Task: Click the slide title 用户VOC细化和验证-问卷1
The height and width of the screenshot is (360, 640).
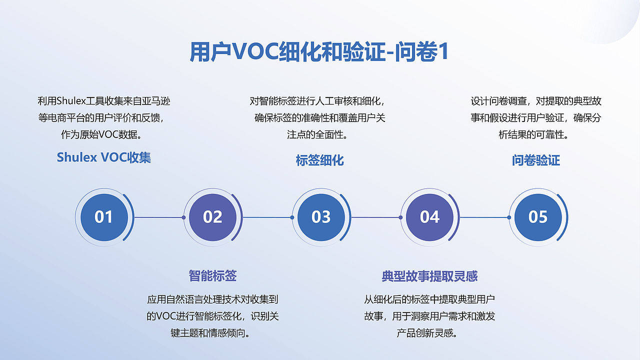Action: click(x=319, y=52)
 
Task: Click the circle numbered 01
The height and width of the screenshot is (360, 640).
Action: click(x=104, y=217)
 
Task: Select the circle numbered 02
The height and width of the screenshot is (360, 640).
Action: click(x=212, y=217)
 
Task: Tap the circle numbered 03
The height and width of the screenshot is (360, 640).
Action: click(x=321, y=217)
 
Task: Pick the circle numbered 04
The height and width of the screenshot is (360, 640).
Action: click(x=429, y=217)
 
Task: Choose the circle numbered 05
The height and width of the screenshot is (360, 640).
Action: click(x=538, y=217)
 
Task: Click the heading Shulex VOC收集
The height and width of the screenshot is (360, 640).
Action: click(x=104, y=157)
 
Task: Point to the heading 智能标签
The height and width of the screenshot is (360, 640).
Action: click(x=212, y=275)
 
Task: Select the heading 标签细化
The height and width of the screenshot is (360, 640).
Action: click(x=320, y=160)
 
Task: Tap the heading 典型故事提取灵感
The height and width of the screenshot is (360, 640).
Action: click(x=429, y=276)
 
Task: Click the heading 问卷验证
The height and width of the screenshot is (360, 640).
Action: click(x=536, y=160)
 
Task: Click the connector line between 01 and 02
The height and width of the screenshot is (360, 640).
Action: click(x=159, y=217)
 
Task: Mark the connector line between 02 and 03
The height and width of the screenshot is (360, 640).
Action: click(x=267, y=217)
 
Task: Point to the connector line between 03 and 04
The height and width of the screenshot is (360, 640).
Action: click(x=376, y=217)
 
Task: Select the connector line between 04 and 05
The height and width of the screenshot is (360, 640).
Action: click(x=484, y=217)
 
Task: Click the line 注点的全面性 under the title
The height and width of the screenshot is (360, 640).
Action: click(x=316, y=134)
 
